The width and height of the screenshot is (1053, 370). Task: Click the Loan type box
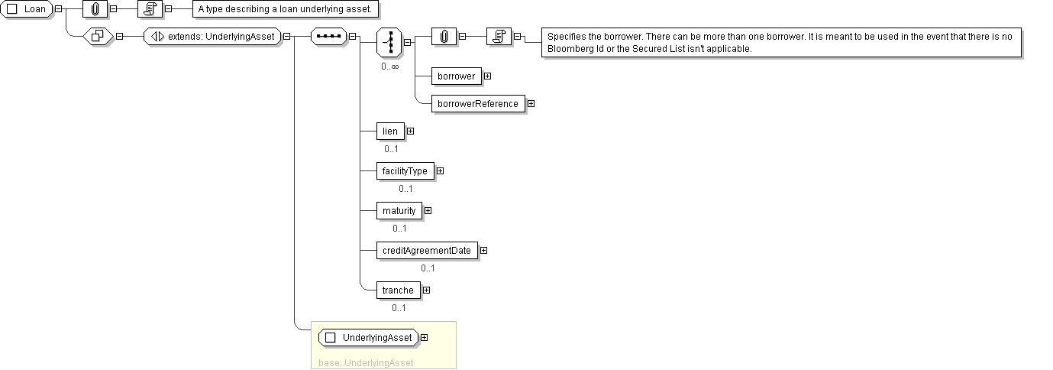pos(27,9)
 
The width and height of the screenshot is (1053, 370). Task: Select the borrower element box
pos(456,76)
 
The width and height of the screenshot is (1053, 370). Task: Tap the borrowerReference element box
pos(477,104)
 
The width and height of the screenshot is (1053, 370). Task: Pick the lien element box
pos(389,131)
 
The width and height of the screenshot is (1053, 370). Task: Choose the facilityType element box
pos(405,171)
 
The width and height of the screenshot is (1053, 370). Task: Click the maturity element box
pos(399,211)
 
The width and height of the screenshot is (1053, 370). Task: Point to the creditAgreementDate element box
pos(427,251)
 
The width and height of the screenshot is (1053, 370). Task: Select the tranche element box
pos(398,290)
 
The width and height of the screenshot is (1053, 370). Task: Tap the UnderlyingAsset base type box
pos(371,337)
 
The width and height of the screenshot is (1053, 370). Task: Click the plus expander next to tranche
pos(426,290)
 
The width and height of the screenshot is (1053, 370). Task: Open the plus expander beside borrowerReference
pos(531,104)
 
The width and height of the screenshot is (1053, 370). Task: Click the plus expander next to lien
pos(410,131)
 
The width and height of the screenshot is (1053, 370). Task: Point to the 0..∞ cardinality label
pos(390,67)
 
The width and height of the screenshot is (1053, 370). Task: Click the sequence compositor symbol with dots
pos(328,36)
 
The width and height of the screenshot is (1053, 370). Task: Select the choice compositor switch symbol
pos(389,41)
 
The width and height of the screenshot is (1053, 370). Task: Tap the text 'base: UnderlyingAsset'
pos(366,362)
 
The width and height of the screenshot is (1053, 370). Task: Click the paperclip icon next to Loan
pos(95,9)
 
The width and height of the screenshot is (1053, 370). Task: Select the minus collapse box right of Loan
pos(58,9)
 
